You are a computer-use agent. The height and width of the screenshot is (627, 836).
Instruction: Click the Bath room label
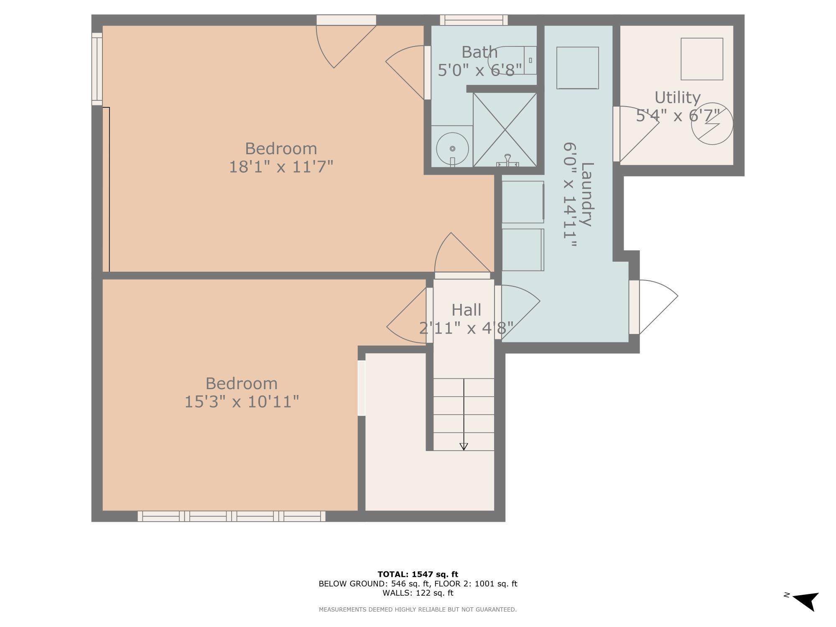click(479, 52)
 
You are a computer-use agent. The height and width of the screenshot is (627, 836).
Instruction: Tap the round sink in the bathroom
click(452, 148)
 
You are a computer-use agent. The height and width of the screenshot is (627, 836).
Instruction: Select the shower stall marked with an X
click(505, 130)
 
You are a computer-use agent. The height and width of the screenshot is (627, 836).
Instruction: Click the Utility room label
click(677, 97)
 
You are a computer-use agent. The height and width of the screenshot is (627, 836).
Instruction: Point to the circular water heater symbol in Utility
click(712, 124)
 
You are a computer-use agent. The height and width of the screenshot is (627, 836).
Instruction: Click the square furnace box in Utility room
click(702, 59)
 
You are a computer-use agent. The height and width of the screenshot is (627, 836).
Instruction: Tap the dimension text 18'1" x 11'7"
click(281, 167)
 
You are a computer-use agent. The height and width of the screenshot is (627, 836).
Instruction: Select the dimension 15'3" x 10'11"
click(242, 402)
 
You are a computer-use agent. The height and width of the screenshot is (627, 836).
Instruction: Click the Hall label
click(466, 310)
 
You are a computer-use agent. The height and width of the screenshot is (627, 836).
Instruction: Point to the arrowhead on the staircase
click(464, 446)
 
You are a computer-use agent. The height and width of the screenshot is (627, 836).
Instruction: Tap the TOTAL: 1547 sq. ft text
click(418, 574)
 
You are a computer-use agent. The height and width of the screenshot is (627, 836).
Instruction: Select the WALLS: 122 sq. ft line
click(418, 593)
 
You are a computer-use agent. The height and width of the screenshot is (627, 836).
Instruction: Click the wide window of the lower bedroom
click(232, 516)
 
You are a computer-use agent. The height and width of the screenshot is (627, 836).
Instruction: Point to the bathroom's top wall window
click(474, 20)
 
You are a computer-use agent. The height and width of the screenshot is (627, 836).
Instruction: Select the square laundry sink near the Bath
click(577, 68)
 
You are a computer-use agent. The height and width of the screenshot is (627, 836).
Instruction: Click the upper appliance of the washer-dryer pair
click(522, 202)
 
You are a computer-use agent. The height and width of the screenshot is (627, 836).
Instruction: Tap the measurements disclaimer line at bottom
click(418, 609)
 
